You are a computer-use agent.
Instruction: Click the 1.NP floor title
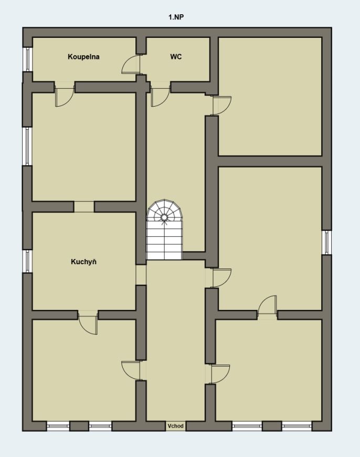coord(176,17)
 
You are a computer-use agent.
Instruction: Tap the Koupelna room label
coord(83,57)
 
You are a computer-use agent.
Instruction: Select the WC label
coord(176,57)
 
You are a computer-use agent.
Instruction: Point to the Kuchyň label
coord(83,262)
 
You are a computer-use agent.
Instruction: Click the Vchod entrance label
coord(176,426)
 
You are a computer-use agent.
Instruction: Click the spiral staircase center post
coord(164,217)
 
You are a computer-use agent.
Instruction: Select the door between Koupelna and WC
coord(131,64)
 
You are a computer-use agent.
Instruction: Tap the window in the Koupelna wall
coord(27,59)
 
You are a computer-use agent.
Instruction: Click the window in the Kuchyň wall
coord(27,261)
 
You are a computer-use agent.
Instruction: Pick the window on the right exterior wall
coord(327,242)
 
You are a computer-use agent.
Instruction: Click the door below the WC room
coord(161,97)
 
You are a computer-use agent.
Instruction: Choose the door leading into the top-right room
coord(222,106)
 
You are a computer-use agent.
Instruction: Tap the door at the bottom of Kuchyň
coord(88,323)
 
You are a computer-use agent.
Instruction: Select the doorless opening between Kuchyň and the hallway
coord(141,275)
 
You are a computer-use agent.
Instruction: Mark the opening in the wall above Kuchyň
coord(84,206)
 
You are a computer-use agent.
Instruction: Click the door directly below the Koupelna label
coord(65,97)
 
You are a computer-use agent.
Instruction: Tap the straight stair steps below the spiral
coord(164,243)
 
